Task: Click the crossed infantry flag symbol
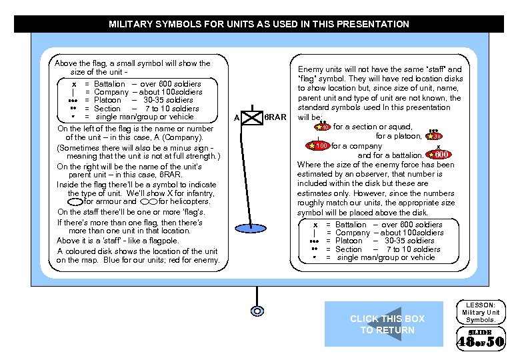tap(253, 117)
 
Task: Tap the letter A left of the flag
tap(237, 119)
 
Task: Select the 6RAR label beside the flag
tap(275, 117)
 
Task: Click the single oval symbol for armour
tap(76, 201)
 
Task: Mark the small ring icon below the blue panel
tap(255, 311)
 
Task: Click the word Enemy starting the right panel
tap(309, 69)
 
